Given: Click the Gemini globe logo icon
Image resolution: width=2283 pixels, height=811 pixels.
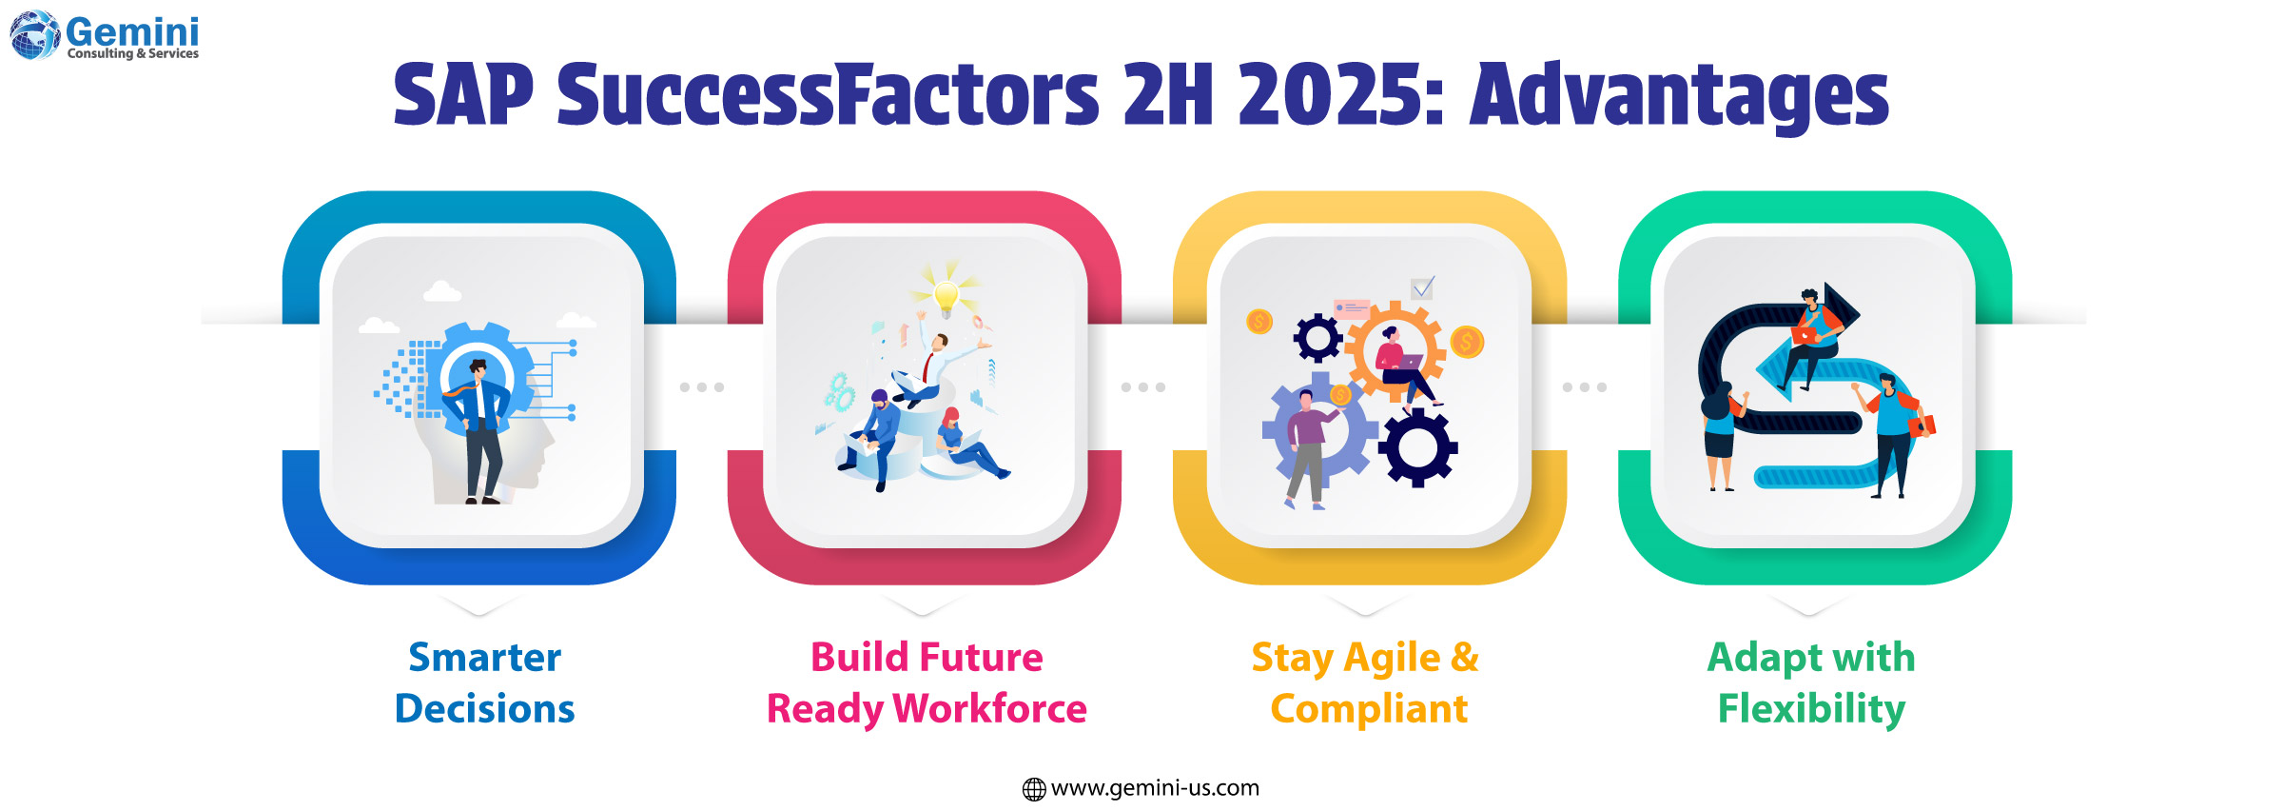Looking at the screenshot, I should tap(34, 35).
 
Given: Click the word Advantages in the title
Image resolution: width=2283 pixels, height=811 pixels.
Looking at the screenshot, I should tap(1679, 95).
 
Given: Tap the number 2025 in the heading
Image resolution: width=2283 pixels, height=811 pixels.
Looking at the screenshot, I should tap(1341, 95).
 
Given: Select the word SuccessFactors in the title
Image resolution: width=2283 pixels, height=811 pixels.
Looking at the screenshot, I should tap(828, 95).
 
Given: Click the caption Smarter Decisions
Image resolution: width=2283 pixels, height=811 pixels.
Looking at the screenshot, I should tap(484, 682).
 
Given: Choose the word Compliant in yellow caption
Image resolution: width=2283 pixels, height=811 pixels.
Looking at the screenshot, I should tap(1369, 709).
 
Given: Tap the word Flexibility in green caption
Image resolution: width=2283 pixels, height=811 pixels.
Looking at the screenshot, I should tap(1811, 709).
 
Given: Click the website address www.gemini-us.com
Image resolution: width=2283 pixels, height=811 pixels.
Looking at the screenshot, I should tap(1155, 788).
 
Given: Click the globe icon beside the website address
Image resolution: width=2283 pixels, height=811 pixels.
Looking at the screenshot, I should tap(1034, 789).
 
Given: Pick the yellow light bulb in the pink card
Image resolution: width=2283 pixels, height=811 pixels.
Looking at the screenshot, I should tap(946, 296).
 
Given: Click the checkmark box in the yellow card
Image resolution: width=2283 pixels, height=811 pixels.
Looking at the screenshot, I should tap(1422, 287).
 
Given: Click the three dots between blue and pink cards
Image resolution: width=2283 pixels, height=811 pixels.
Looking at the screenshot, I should tap(702, 387).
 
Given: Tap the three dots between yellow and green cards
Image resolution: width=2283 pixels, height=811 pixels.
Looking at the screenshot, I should tap(1585, 387).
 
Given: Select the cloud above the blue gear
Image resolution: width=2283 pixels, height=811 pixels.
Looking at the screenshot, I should tap(441, 291).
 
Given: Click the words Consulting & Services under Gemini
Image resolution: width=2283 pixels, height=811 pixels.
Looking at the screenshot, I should tap(133, 54).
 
